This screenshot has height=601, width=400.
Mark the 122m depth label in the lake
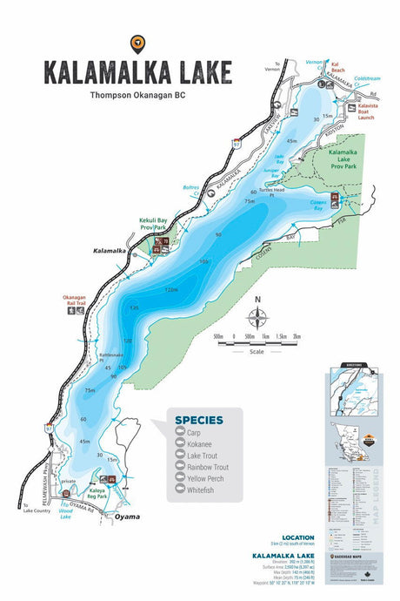[x=170, y=289]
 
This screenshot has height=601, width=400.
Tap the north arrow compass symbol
[x=257, y=315]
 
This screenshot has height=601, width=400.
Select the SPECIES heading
[x=199, y=420]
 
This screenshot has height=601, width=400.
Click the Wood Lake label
[x=70, y=514]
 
